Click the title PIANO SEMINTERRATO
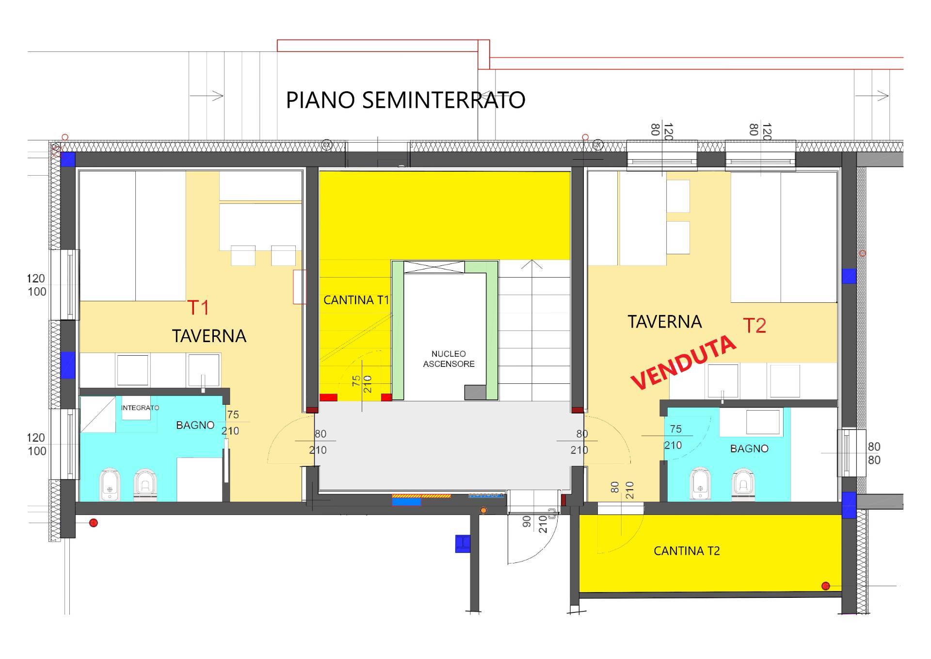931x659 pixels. pos(405,100)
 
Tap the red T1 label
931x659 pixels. pos(198,307)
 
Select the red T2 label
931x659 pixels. pos(754,326)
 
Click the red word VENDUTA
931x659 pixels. pos(684,363)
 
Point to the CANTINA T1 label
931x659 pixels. pos(356,300)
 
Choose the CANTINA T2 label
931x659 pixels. pos(687,551)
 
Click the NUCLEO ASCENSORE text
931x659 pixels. pos(449,359)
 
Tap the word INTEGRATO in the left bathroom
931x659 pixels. pos(140,408)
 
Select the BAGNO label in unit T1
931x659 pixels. pos(195,425)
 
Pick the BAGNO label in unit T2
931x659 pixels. pos(749,448)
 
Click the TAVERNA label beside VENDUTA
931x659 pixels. pos(665,322)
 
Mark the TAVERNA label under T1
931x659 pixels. pos(209,336)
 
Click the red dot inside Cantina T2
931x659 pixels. pos(826,586)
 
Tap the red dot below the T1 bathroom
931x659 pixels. pos(94,523)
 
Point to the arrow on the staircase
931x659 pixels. pos(532,265)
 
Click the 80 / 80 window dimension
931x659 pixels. pos(874,453)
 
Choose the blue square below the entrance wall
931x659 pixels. pos(463,544)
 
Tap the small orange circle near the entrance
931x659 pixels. pos(483,511)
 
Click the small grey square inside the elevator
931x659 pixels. pos(475,392)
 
